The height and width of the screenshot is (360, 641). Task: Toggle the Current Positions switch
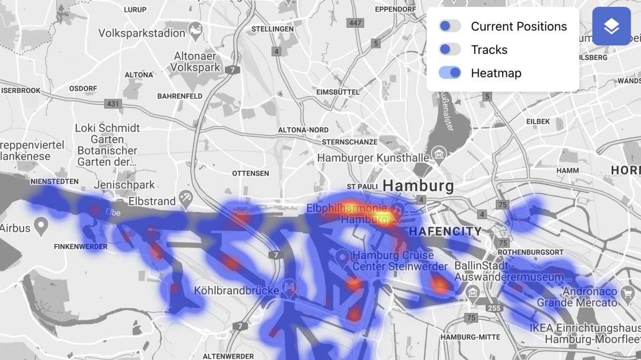tap(450, 26)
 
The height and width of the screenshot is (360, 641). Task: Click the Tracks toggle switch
tap(450, 50)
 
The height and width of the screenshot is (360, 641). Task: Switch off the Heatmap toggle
tap(450, 73)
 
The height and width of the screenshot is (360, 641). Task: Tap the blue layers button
tap(611, 26)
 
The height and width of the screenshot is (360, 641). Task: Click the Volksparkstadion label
tap(142, 33)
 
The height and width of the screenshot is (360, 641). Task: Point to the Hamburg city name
tap(418, 186)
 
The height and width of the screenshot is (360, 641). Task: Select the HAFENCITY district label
tap(444, 231)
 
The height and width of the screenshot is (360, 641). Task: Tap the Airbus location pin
tap(41, 224)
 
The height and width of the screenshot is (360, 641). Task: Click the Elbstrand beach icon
tap(186, 197)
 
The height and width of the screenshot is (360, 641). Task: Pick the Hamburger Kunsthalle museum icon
tap(440, 153)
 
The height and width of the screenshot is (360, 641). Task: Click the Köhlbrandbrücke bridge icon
tap(290, 287)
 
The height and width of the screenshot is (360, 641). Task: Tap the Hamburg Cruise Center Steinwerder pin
tap(343, 258)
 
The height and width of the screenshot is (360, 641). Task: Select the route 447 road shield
tap(355, 23)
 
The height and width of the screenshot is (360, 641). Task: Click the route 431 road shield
tap(113, 104)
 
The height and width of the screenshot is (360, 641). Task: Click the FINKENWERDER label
tap(81, 247)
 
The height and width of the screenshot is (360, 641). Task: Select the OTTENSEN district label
tap(251, 174)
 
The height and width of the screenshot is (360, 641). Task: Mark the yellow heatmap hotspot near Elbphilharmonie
tap(382, 216)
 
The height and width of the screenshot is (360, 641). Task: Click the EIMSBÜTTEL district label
tap(338, 92)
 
